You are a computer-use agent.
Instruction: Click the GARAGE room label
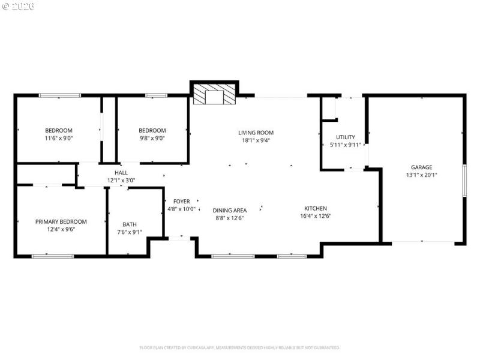click(421, 167)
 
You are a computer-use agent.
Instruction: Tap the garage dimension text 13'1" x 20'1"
click(421, 175)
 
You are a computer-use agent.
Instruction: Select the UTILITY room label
click(345, 137)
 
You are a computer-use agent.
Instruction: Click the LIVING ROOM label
click(256, 133)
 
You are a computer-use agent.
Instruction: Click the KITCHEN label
click(315, 208)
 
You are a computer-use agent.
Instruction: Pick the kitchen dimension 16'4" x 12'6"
click(315, 216)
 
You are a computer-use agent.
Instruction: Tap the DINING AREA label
click(230, 211)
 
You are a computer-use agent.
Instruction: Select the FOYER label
click(181, 202)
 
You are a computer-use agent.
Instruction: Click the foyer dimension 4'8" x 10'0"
click(181, 209)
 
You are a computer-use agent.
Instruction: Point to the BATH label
click(130, 224)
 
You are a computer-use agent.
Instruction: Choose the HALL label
click(121, 173)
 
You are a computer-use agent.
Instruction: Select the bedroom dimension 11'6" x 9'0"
click(59, 138)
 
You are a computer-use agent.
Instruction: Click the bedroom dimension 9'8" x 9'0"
click(152, 138)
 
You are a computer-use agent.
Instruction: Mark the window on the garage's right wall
click(464, 180)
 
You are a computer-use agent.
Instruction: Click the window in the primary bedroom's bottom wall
click(52, 257)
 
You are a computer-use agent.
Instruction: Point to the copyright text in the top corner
click(18, 6)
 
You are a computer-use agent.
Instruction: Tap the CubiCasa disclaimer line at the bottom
click(240, 347)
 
